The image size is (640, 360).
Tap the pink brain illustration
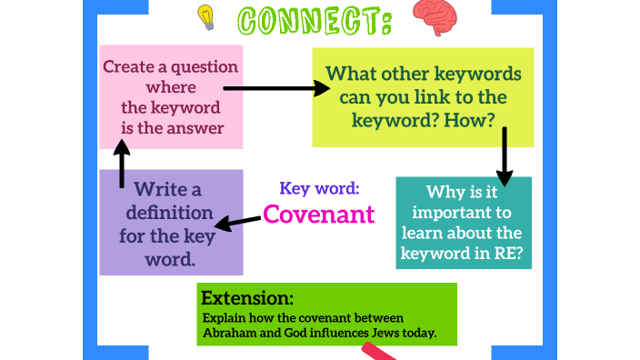coord(435,15)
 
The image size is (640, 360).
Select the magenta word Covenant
coord(318,214)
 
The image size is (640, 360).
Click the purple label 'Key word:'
coord(319,188)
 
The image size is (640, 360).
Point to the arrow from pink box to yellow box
coord(276,88)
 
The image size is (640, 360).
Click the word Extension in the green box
coord(247,297)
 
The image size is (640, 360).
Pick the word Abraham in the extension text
coord(226,333)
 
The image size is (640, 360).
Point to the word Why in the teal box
coord(443,192)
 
